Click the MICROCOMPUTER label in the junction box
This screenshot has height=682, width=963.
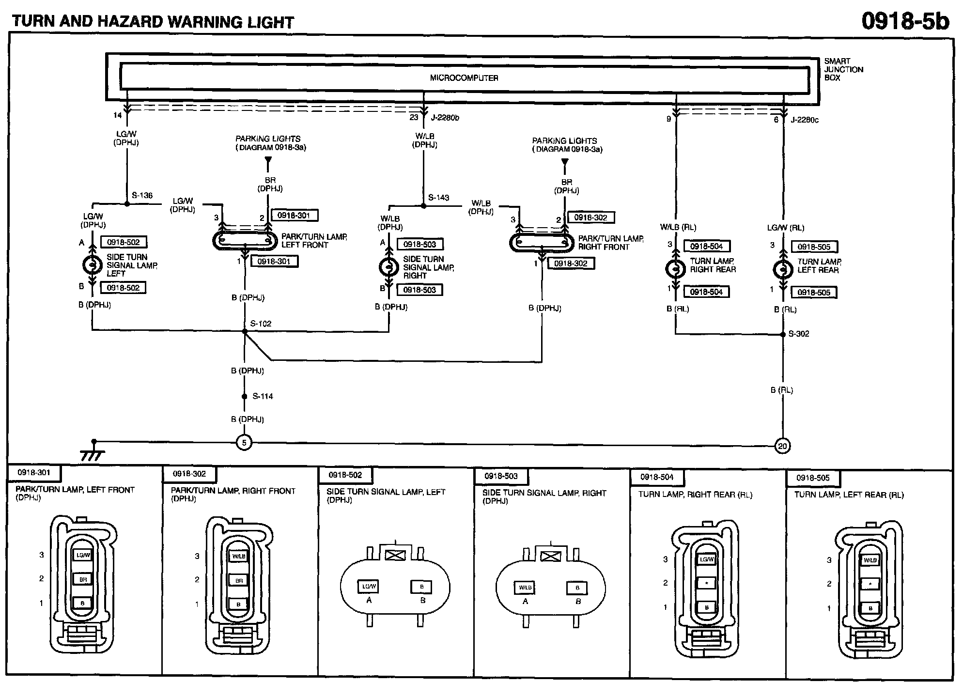[464, 78]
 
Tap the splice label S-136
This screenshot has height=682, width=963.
[142, 196]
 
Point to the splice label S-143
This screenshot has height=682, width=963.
[438, 198]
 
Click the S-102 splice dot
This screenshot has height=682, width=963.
[245, 331]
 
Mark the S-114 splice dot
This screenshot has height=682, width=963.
[245, 396]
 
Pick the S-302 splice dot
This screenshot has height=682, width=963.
[783, 334]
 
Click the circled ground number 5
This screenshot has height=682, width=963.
[244, 443]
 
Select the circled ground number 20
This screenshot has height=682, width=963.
[783, 446]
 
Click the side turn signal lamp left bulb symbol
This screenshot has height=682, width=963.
[92, 265]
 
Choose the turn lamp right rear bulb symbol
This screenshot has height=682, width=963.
[675, 269]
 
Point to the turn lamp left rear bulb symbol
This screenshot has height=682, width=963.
[783, 270]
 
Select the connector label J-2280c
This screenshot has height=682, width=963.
[805, 120]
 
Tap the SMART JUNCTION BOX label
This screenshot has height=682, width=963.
[843, 69]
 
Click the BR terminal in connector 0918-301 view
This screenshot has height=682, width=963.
[83, 579]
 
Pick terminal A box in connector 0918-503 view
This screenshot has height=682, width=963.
[525, 588]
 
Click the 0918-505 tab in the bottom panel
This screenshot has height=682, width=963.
[813, 478]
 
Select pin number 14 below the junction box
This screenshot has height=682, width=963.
[118, 115]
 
